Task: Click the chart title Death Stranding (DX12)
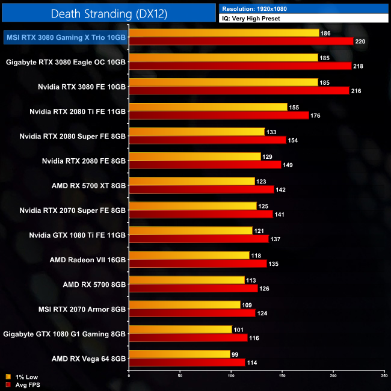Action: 108,13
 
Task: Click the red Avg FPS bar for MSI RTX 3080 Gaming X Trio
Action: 241,41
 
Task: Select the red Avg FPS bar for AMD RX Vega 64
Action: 187,362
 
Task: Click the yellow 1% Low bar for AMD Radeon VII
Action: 189,255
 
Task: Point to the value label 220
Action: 360,42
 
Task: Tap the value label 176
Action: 315,115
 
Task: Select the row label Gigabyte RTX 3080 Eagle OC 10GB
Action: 66,61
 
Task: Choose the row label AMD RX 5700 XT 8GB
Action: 88,185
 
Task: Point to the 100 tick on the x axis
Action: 231,377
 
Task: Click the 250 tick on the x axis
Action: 384,377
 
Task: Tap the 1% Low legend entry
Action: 22,377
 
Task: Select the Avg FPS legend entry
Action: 24,384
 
